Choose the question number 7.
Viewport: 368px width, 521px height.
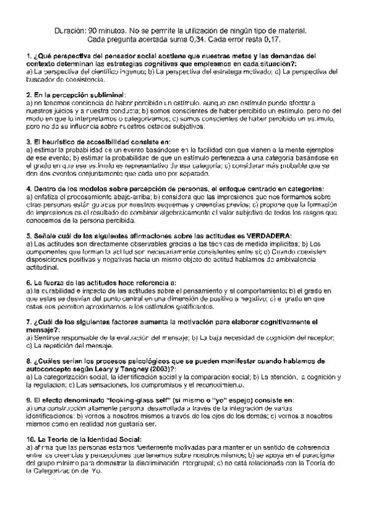[29, 322]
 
